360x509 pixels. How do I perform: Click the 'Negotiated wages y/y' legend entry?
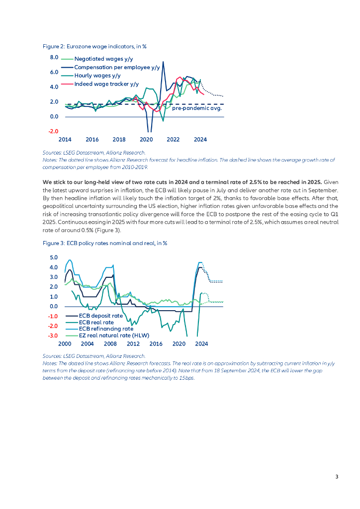[99, 59]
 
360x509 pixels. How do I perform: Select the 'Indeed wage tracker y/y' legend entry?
[106, 84]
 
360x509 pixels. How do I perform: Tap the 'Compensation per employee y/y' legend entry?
[117, 67]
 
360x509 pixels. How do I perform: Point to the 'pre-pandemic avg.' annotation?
[196, 107]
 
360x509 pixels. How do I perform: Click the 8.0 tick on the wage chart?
[54, 58]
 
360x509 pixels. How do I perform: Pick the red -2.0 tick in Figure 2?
[54, 132]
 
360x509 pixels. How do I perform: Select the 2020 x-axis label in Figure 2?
[146, 140]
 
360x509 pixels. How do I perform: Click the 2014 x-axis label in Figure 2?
[65, 140]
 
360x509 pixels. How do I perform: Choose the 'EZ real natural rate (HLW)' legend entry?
[114, 335]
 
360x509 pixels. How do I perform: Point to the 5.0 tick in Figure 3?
[53, 257]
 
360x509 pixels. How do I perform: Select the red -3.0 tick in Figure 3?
[53, 336]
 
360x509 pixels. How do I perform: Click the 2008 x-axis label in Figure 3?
[110, 344]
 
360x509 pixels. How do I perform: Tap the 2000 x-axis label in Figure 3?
[65, 344]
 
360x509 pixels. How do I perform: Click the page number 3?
[337, 477]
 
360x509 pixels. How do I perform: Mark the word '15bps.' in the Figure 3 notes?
[187, 378]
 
